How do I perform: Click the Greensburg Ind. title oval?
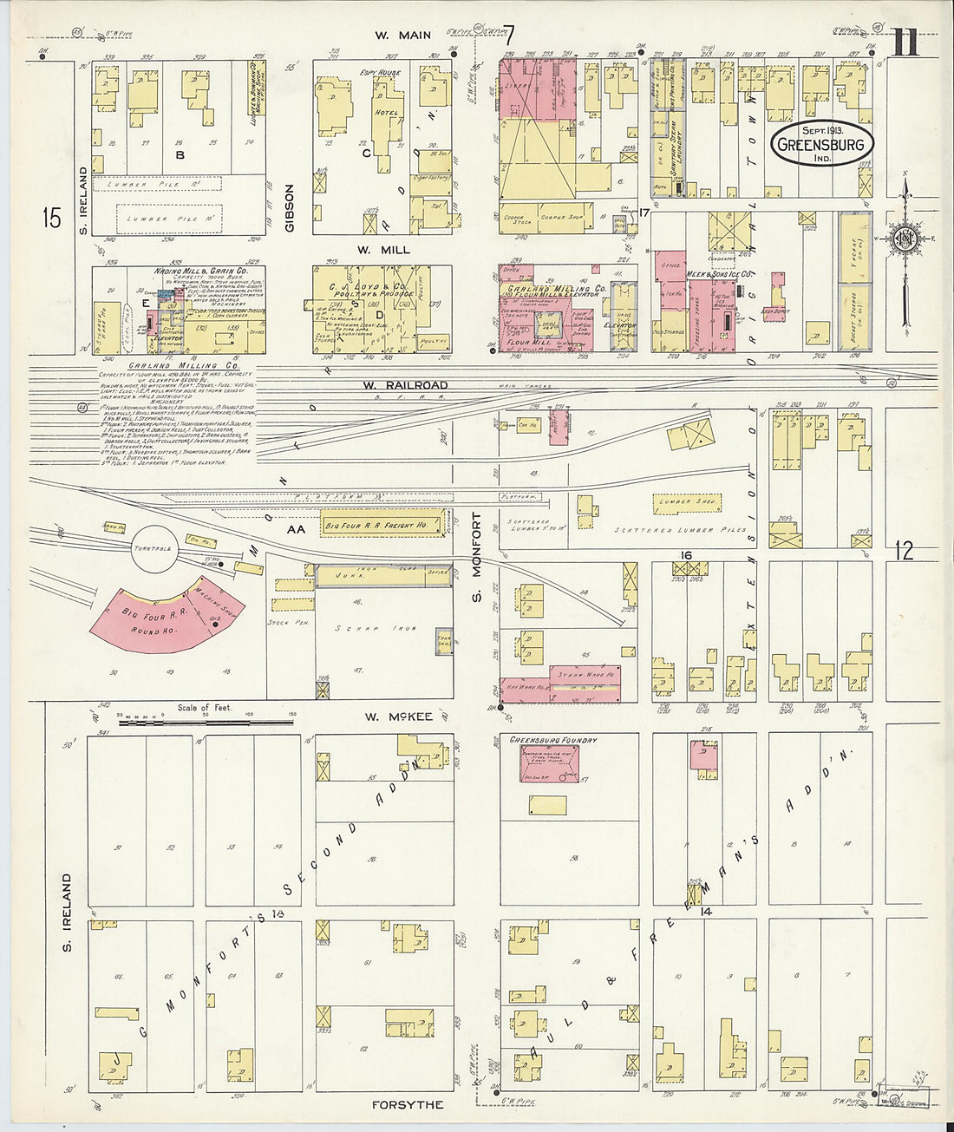click(x=822, y=145)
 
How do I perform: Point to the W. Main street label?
click(x=403, y=36)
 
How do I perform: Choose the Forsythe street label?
click(x=408, y=1104)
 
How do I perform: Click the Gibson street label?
click(x=291, y=207)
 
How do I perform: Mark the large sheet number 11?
click(x=905, y=43)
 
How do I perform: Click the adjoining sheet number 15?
click(x=52, y=218)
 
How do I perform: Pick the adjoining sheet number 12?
click(x=905, y=550)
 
